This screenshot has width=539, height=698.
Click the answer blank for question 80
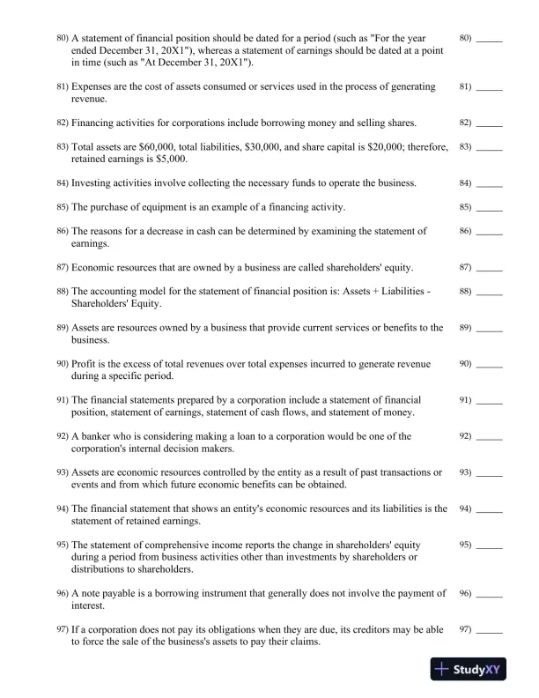click(x=489, y=41)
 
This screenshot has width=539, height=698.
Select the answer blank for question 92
click(x=489, y=437)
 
